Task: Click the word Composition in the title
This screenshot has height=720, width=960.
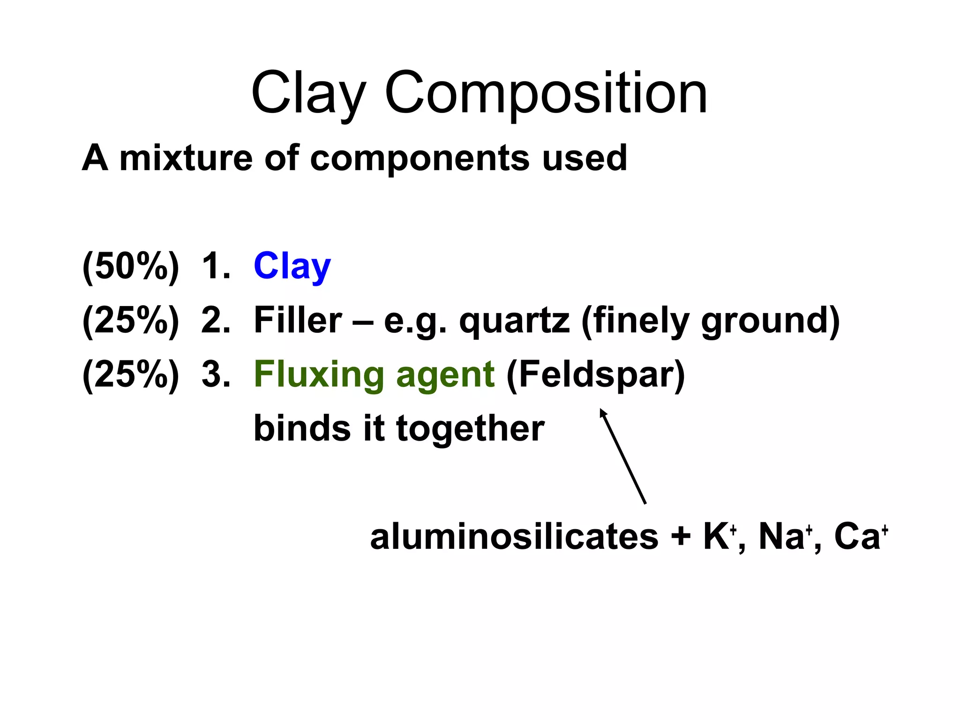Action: (546, 94)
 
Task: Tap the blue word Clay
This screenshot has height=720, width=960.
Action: (292, 266)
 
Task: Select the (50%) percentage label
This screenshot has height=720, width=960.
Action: (130, 266)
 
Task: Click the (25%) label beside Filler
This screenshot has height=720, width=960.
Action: (130, 321)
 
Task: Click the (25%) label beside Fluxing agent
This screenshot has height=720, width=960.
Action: (130, 375)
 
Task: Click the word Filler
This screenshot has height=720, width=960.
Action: (298, 321)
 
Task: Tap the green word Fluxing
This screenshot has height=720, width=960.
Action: (319, 375)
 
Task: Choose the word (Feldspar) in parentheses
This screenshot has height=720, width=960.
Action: (595, 375)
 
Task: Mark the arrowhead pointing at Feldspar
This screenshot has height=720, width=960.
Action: (603, 413)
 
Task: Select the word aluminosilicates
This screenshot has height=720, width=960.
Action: (514, 537)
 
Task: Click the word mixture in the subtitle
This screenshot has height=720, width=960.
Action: (186, 158)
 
